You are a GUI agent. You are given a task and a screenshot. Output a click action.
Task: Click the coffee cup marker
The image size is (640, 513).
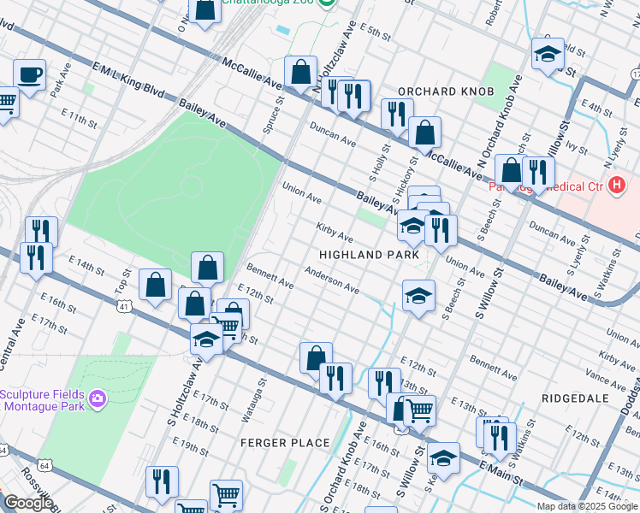coord(29,75)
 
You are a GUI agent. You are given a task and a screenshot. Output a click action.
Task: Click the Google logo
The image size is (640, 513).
coord(27,503)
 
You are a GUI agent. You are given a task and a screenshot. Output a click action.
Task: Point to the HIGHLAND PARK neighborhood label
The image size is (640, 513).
coord(369,255)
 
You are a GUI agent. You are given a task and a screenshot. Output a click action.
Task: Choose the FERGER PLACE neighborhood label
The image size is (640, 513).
coord(285,442)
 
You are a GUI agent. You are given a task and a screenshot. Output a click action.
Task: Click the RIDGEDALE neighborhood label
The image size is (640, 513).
coord(574,398)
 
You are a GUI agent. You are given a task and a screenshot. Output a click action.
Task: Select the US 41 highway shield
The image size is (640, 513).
coord(124,304)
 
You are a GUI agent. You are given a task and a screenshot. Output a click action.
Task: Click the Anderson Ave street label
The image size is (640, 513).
coord(332,279)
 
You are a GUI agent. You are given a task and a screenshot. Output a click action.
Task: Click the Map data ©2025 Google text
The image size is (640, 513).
coord(587,506)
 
